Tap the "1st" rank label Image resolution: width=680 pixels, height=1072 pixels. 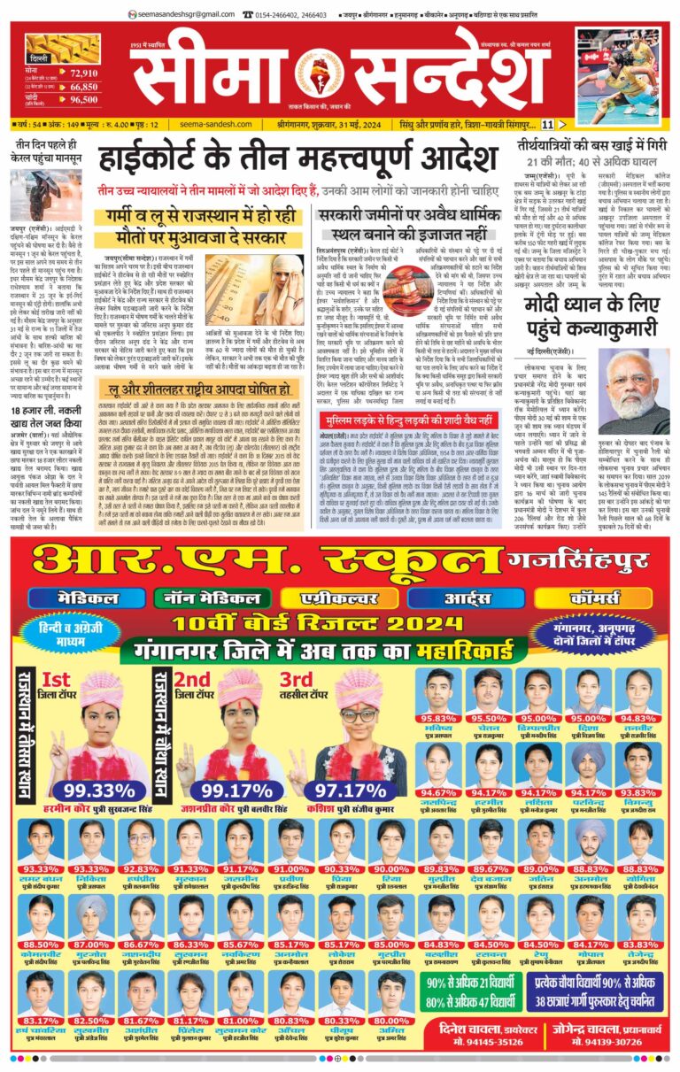tap(56, 680)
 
